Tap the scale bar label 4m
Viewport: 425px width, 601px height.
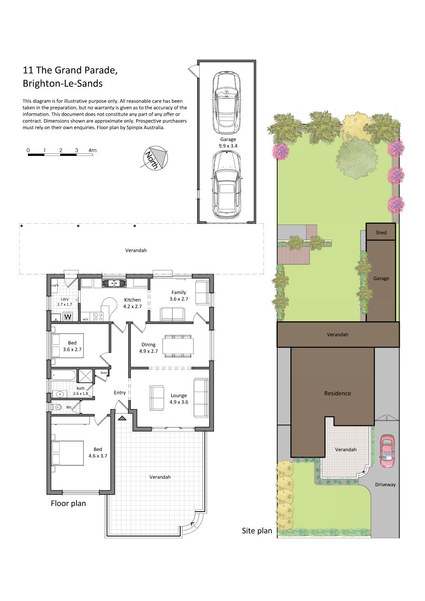92,150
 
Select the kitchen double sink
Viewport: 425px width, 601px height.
114,283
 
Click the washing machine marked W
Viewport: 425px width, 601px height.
67,317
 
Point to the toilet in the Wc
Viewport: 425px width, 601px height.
57,407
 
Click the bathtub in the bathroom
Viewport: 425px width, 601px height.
64,375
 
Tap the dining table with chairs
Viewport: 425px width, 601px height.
179,346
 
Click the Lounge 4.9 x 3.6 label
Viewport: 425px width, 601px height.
179,399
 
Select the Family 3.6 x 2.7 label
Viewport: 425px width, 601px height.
179,295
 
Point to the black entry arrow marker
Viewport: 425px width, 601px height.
122,418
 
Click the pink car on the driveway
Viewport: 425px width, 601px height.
387,452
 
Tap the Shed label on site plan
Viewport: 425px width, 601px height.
381,232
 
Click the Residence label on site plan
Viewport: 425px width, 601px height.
337,393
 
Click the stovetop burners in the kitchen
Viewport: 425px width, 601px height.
98,317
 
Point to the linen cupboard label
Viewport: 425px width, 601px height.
104,373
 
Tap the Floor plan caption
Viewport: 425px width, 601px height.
68,504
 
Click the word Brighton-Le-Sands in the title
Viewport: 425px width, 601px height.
63,84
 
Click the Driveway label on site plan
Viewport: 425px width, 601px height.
385,485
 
